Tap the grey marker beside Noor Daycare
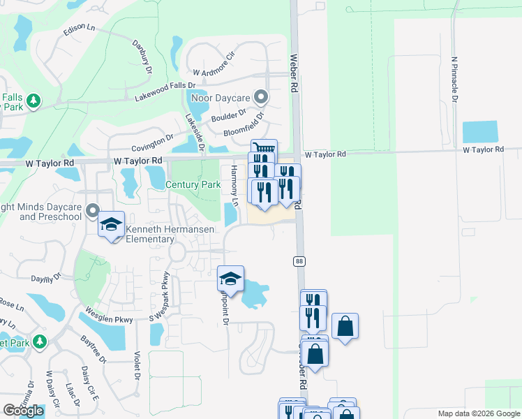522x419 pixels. coord(261,96)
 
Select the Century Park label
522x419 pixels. coord(193,185)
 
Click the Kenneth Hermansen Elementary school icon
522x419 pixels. coord(111,225)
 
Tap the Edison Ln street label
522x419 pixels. coord(78,29)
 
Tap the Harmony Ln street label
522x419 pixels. coord(235,186)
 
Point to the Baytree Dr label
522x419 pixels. coord(93,349)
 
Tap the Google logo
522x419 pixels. coord(23,411)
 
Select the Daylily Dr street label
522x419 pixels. coord(45,277)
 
